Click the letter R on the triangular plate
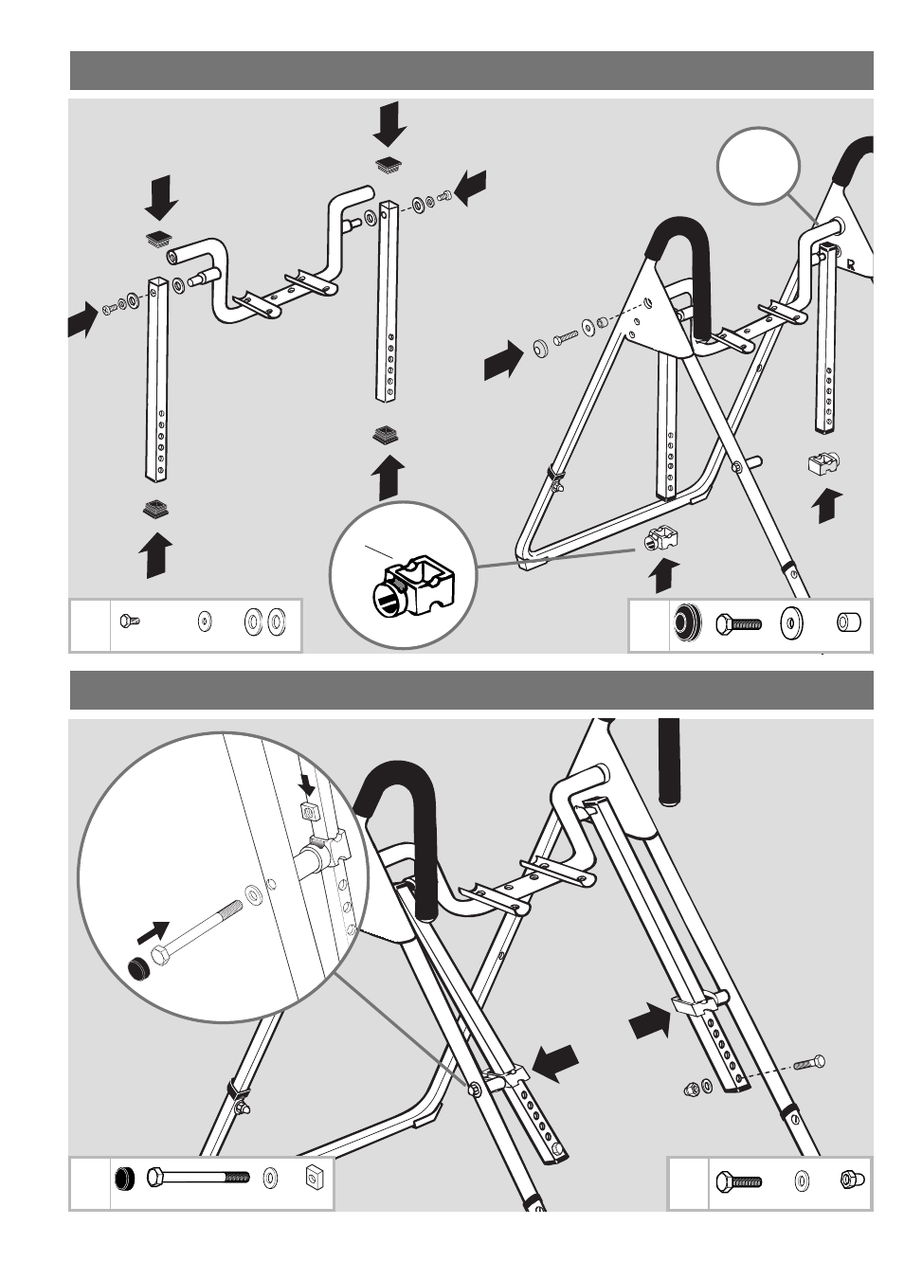click(x=851, y=265)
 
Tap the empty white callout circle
click(x=758, y=166)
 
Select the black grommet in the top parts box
click(x=685, y=621)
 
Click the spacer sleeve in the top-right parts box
click(x=849, y=621)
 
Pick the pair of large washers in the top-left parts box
click(x=265, y=621)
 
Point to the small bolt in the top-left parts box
click(x=130, y=621)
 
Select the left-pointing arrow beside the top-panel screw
click(x=472, y=188)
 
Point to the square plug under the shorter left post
click(x=156, y=509)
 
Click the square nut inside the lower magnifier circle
click(x=308, y=811)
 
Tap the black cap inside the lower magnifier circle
click(x=137, y=970)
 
